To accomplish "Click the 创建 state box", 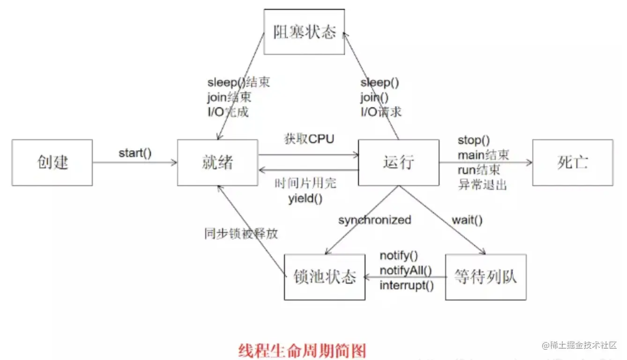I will click(x=52, y=162).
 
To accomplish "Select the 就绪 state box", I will click(x=217, y=162).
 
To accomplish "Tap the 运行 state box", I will click(x=398, y=162).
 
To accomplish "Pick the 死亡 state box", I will click(x=573, y=162).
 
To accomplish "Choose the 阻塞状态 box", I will click(x=305, y=32).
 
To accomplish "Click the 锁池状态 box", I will click(x=324, y=277).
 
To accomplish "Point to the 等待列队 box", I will click(x=485, y=277).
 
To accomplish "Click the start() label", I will click(x=135, y=153).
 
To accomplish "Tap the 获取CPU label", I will click(x=309, y=139).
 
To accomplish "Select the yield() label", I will click(x=306, y=198).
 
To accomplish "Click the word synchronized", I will click(x=374, y=220).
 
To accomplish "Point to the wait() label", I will click(x=467, y=220).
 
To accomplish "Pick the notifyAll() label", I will click(x=405, y=270).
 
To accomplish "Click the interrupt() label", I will click(x=406, y=285).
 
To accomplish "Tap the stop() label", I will click(x=473, y=140).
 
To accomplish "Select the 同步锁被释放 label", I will click(x=241, y=233).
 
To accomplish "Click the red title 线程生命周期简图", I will click(x=302, y=350).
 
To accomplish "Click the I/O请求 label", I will click(x=381, y=112).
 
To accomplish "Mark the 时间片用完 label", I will click(x=306, y=184).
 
